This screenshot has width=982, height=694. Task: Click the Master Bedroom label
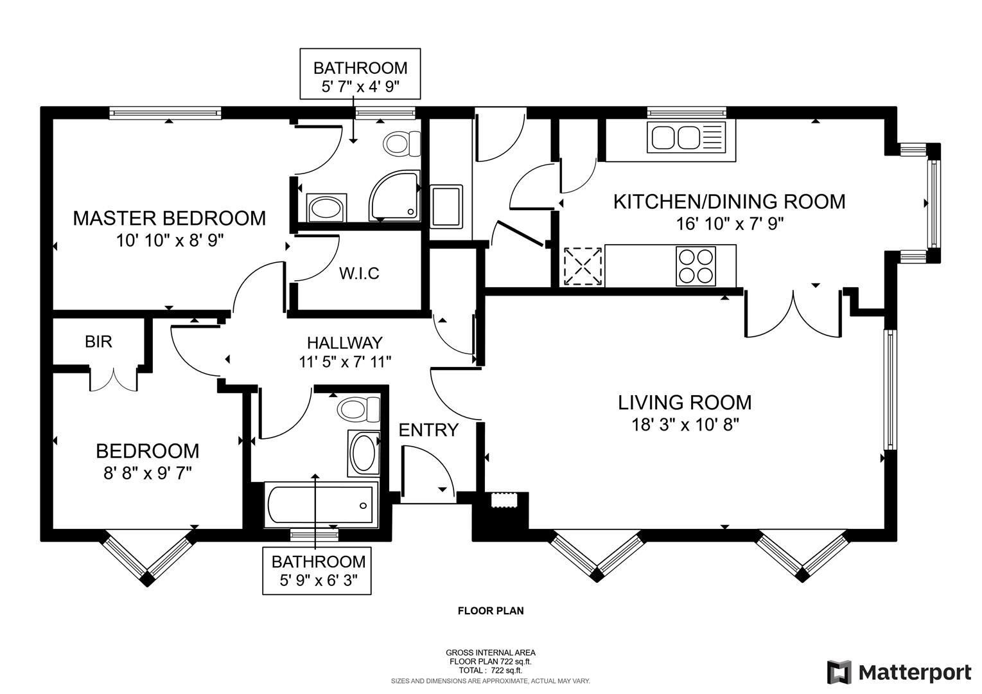169,218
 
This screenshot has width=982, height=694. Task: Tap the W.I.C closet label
359,274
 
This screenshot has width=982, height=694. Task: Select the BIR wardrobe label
98,341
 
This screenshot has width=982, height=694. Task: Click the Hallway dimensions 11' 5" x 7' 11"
345,362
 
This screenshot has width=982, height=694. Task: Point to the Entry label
428,430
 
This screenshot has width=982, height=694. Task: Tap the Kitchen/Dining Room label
729,202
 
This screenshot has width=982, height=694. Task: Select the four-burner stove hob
696,266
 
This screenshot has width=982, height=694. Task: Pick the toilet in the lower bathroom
358,409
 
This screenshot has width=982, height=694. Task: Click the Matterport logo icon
839,672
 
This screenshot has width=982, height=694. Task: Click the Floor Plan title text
490,610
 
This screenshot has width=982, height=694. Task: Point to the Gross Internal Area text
490,652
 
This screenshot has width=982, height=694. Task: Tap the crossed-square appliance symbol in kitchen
582,266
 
